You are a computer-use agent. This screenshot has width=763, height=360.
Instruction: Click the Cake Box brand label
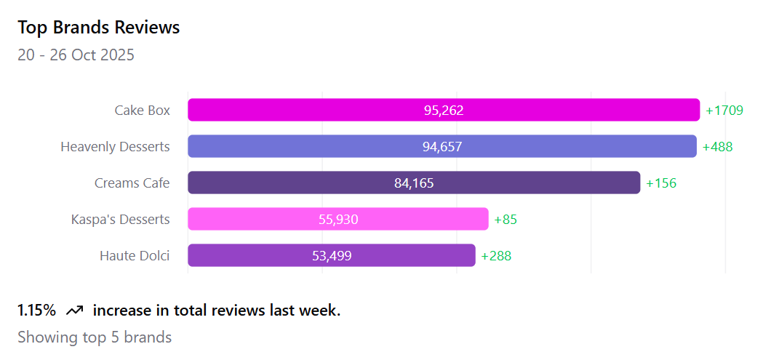[x=142, y=111]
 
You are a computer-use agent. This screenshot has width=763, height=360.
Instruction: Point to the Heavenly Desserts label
[x=115, y=147]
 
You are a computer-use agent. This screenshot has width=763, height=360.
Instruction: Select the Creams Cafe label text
[x=132, y=183]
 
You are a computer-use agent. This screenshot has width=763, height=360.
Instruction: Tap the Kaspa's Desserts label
[x=120, y=220]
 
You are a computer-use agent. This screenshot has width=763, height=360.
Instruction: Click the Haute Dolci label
[x=135, y=256]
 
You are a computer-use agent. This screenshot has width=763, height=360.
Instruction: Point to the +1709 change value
[x=724, y=111]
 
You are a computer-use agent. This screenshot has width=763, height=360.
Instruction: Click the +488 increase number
[x=717, y=147]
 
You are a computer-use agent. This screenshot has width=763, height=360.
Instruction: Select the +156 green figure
[x=661, y=183]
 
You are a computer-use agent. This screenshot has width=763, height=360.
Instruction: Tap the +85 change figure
[x=506, y=220]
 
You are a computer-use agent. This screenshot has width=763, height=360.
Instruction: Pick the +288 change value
[x=496, y=256]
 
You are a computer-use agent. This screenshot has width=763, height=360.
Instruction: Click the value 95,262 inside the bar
[x=444, y=111]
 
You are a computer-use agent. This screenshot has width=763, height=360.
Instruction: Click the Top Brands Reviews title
[x=99, y=28]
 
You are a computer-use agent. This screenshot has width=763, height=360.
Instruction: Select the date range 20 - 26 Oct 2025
[x=76, y=55]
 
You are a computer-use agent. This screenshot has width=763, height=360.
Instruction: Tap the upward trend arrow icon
[x=74, y=311]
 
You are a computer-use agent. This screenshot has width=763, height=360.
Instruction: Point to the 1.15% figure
[x=36, y=311]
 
